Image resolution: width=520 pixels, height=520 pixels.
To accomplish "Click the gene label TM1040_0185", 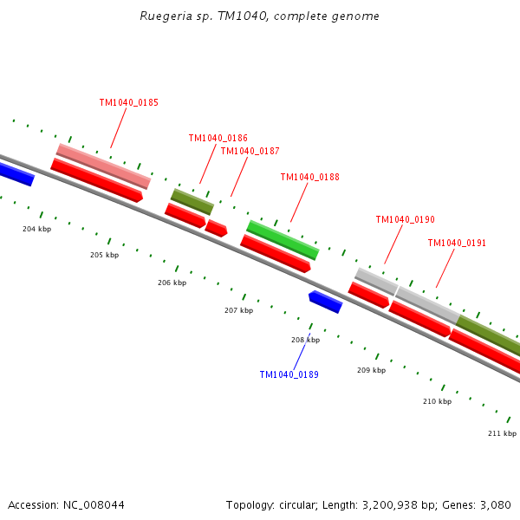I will pyautogui.click(x=128, y=102).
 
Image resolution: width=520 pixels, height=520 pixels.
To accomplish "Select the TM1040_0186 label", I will pyautogui.click(x=218, y=138).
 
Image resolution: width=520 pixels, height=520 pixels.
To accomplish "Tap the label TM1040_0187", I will pyautogui.click(x=250, y=151).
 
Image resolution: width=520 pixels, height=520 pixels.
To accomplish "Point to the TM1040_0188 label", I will pyautogui.click(x=309, y=177).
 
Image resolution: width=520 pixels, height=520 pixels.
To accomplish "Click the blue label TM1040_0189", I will pyautogui.click(x=289, y=374).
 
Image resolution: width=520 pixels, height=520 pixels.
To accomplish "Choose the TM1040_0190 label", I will pyautogui.click(x=405, y=219).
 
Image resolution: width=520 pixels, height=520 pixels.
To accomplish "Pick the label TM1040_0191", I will pyautogui.click(x=457, y=243).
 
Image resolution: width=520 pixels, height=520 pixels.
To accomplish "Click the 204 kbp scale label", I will pyautogui.click(x=36, y=229).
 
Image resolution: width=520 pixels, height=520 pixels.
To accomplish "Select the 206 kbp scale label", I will pyautogui.click(x=172, y=283).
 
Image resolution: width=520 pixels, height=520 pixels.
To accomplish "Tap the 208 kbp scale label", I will pyautogui.click(x=305, y=340).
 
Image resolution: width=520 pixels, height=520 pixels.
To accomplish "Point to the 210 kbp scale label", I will pyautogui.click(x=437, y=401).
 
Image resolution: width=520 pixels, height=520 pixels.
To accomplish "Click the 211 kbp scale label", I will pyautogui.click(x=502, y=432).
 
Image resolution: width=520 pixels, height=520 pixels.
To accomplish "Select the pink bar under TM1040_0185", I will pyautogui.click(x=103, y=166).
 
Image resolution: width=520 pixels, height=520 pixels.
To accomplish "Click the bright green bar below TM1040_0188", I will pyautogui.click(x=283, y=240).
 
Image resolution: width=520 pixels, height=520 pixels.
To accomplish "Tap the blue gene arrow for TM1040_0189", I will pyautogui.click(x=326, y=301).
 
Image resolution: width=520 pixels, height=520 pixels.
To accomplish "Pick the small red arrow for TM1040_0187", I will pyautogui.click(x=216, y=228).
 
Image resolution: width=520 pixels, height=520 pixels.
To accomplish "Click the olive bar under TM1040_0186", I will pyautogui.click(x=192, y=201).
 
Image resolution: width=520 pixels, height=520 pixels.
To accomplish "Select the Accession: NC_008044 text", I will pyautogui.click(x=66, y=504).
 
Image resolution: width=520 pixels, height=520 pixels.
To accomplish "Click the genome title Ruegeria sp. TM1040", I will pyautogui.click(x=259, y=16).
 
